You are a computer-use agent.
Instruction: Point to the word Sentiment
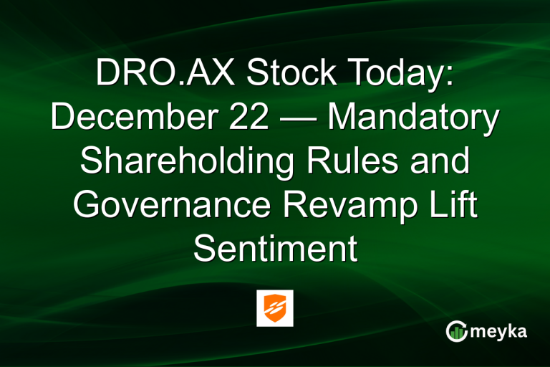tap(275, 249)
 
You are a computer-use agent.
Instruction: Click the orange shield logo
tap(275, 308)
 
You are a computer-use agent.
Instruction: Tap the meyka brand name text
tap(501, 330)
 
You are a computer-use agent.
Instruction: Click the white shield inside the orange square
tap(275, 308)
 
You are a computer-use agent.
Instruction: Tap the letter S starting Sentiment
tap(204, 249)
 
